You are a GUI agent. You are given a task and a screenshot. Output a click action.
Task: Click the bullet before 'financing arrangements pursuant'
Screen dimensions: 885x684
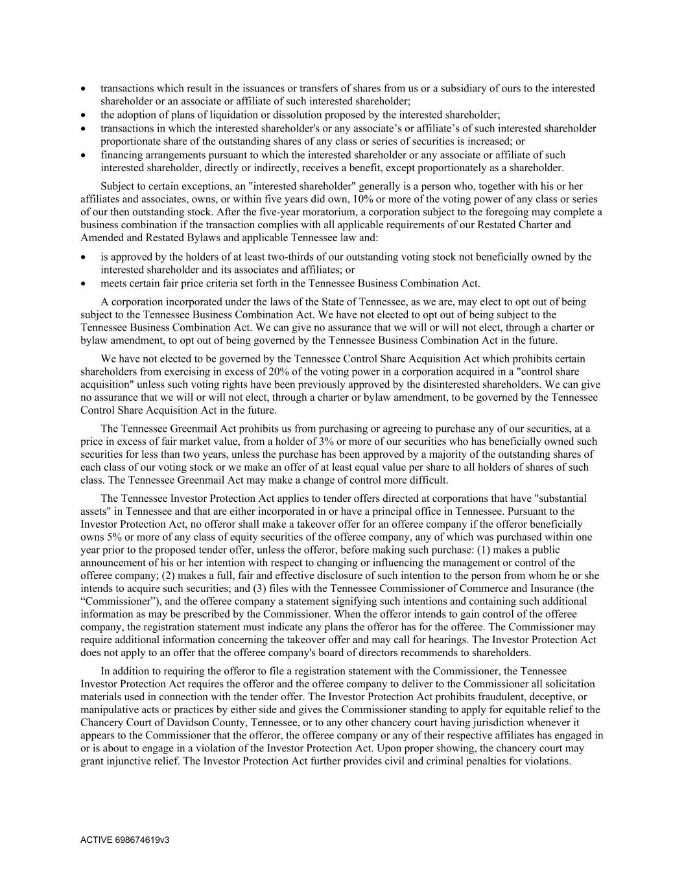[x=84, y=156]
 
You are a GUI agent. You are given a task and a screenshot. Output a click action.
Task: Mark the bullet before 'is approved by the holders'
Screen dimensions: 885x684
[x=84, y=257]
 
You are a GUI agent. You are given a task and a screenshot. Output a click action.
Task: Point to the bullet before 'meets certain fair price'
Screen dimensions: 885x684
[x=84, y=283]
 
